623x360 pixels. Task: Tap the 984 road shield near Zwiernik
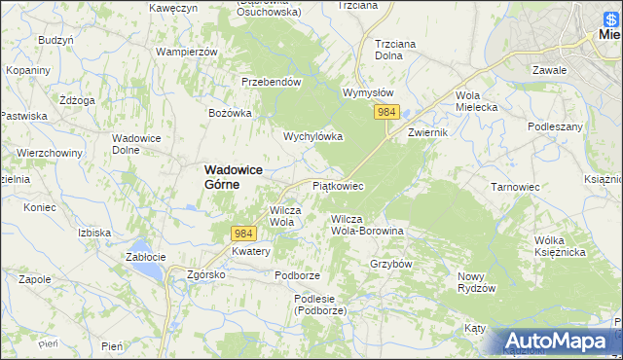[386, 113]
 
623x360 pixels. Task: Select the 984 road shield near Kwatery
[243, 234]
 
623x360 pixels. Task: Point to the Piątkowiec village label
[338, 185]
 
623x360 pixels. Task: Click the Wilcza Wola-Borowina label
[367, 225]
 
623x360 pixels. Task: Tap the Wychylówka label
[312, 137]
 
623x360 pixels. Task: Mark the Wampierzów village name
[185, 51]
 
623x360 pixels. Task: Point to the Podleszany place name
[555, 127]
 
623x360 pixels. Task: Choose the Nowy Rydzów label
[477, 282]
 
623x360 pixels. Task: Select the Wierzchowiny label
[48, 153]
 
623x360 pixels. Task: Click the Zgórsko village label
[206, 274]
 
